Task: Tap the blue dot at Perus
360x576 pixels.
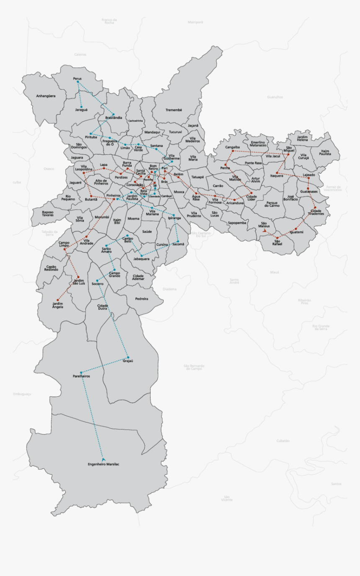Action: coord(78,82)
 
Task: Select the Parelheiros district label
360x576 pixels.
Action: coord(81,376)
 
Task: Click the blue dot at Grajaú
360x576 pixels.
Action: coord(128,357)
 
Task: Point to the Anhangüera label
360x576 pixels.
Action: coord(46,96)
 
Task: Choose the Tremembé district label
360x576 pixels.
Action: coord(174,110)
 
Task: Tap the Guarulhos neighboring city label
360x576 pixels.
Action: coord(275,97)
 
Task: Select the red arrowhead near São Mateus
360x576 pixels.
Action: coord(264,230)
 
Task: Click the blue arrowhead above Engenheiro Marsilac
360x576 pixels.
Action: coord(103,459)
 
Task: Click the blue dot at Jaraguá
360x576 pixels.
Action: coord(82,107)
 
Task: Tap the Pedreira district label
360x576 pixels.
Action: coord(142,298)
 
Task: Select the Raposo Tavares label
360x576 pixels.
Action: coord(47,213)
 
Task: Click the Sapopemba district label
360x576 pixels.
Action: coord(237,223)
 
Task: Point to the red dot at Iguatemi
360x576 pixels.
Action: coord(296,229)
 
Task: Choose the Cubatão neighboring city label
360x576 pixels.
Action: coord(283,440)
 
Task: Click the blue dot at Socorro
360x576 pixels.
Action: coord(97,280)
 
